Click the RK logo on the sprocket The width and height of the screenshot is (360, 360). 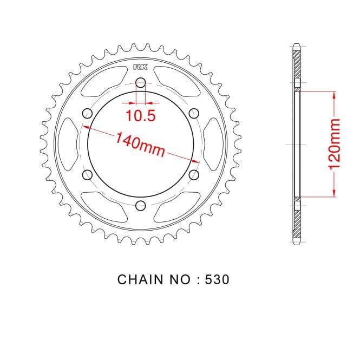(x=141, y=67)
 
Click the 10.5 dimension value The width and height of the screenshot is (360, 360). (x=141, y=115)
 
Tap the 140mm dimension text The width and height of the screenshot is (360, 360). (x=140, y=145)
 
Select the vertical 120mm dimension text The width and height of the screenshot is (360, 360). (x=334, y=144)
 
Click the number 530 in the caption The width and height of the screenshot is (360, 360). (x=217, y=279)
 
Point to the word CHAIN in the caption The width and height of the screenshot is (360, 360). (x=140, y=279)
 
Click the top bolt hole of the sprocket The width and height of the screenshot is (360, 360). (x=141, y=83)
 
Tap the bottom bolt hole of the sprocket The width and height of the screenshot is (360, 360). (x=141, y=206)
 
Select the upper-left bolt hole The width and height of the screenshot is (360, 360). (x=87, y=114)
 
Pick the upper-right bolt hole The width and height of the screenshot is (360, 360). (x=194, y=114)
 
